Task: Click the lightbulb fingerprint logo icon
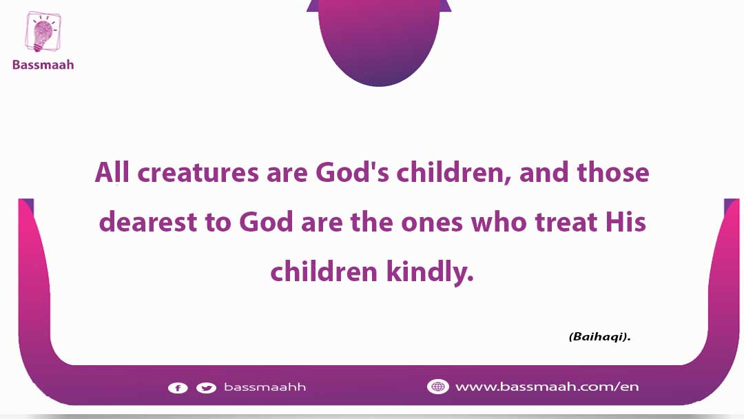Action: tap(43, 32)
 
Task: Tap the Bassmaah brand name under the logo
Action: tap(43, 65)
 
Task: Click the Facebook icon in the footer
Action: tap(178, 388)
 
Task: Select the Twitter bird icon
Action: tap(207, 388)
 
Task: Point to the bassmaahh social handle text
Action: tap(265, 387)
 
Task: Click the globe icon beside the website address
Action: tap(437, 387)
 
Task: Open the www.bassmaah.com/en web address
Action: tap(547, 387)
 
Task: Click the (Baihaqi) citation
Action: tap(600, 336)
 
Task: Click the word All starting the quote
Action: tap(112, 172)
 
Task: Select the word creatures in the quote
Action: tap(198, 173)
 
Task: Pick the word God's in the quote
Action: tap(352, 172)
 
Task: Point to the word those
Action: tap(613, 172)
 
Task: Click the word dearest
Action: tap(147, 222)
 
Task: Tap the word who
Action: tap(498, 222)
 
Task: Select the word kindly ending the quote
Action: tap(430, 272)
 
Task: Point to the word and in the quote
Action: tap(544, 172)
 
